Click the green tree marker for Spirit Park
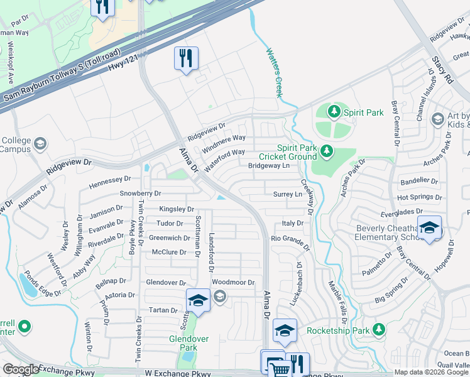(334, 112)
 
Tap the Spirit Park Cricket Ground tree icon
(326, 151)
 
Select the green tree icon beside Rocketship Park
(378, 329)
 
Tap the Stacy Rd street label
(442, 70)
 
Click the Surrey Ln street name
(288, 195)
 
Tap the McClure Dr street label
(170, 252)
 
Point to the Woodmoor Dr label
(233, 283)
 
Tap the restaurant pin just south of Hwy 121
(186, 59)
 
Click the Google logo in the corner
(21, 369)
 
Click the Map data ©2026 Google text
(431, 372)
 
